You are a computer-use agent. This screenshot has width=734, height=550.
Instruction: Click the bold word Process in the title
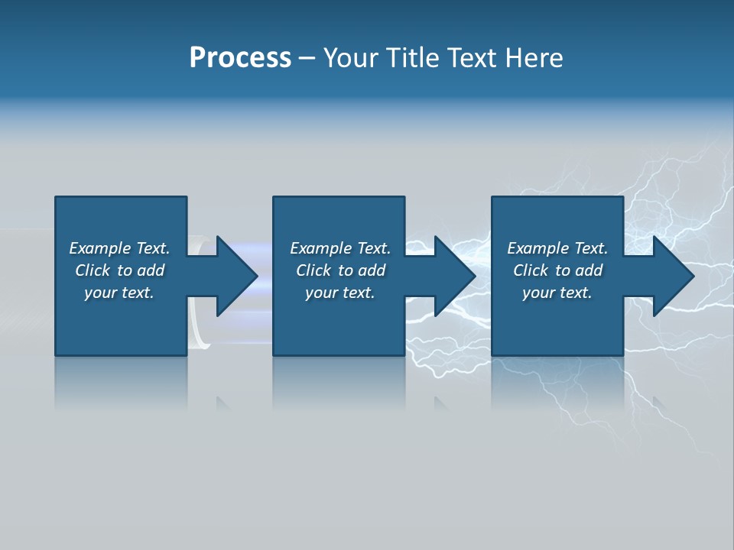[240, 58]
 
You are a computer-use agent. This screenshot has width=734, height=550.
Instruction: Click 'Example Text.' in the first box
[119, 248]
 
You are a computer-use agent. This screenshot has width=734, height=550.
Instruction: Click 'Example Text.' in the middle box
[340, 248]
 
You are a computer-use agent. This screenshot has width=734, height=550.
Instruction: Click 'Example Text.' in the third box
[557, 248]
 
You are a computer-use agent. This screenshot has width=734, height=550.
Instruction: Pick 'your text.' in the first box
[119, 293]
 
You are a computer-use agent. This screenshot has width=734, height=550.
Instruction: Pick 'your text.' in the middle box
[340, 293]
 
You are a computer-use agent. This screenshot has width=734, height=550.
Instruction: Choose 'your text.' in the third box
[557, 293]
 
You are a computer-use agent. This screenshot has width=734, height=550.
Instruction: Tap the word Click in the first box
[93, 270]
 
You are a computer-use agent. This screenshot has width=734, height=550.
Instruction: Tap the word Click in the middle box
[313, 270]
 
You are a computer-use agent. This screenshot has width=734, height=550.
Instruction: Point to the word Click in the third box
[531, 270]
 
